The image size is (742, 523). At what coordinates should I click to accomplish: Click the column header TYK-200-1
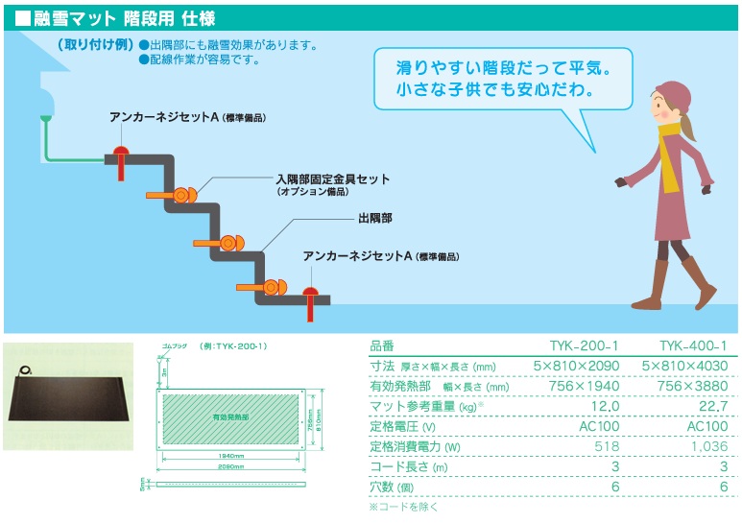pos(588,346)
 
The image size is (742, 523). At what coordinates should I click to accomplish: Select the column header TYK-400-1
pos(695,346)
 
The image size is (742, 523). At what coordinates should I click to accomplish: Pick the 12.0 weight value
pos(604,406)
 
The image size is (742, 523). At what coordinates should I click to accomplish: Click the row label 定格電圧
pos(402,426)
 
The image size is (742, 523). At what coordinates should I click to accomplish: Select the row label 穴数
pos(392,487)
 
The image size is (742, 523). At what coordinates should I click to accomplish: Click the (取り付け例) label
pos(95,44)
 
